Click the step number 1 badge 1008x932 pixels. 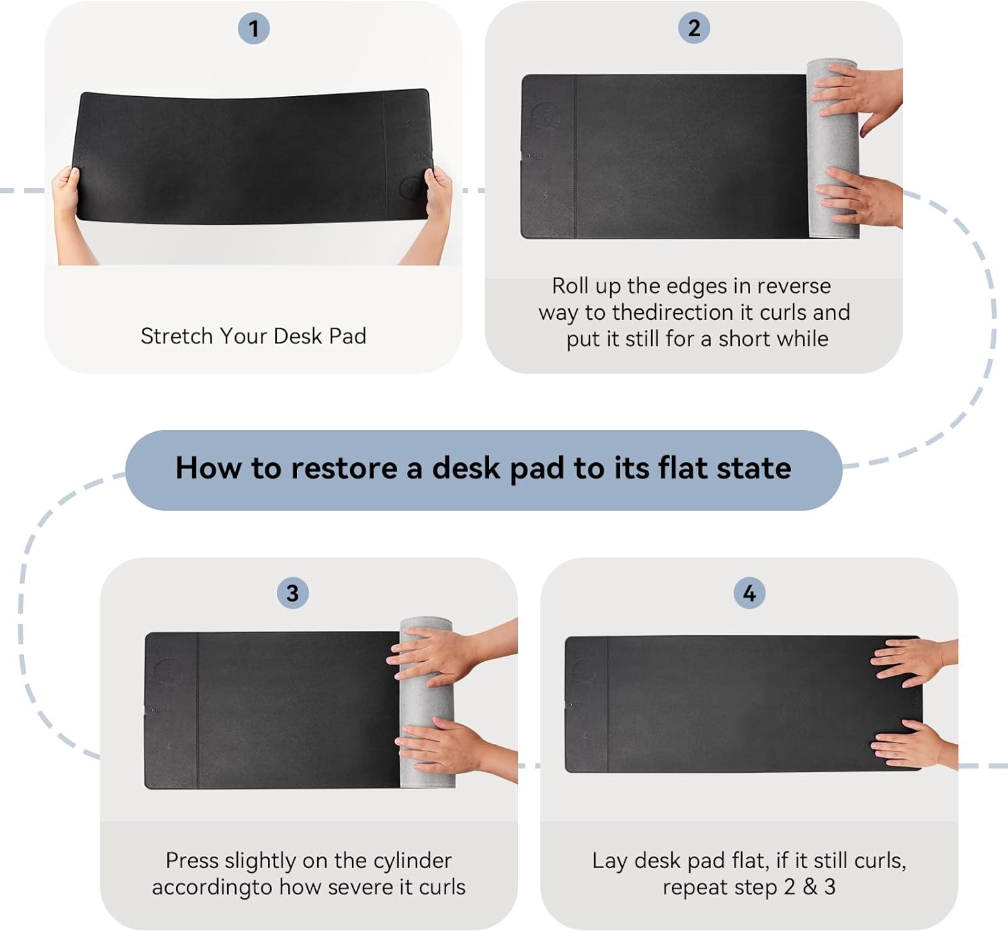tap(253, 29)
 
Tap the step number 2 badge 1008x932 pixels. tap(694, 28)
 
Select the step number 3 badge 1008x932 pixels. tap(292, 593)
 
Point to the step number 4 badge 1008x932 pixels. tap(749, 593)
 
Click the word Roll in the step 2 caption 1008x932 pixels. tap(570, 286)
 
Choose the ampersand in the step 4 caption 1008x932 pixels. tap(810, 888)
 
